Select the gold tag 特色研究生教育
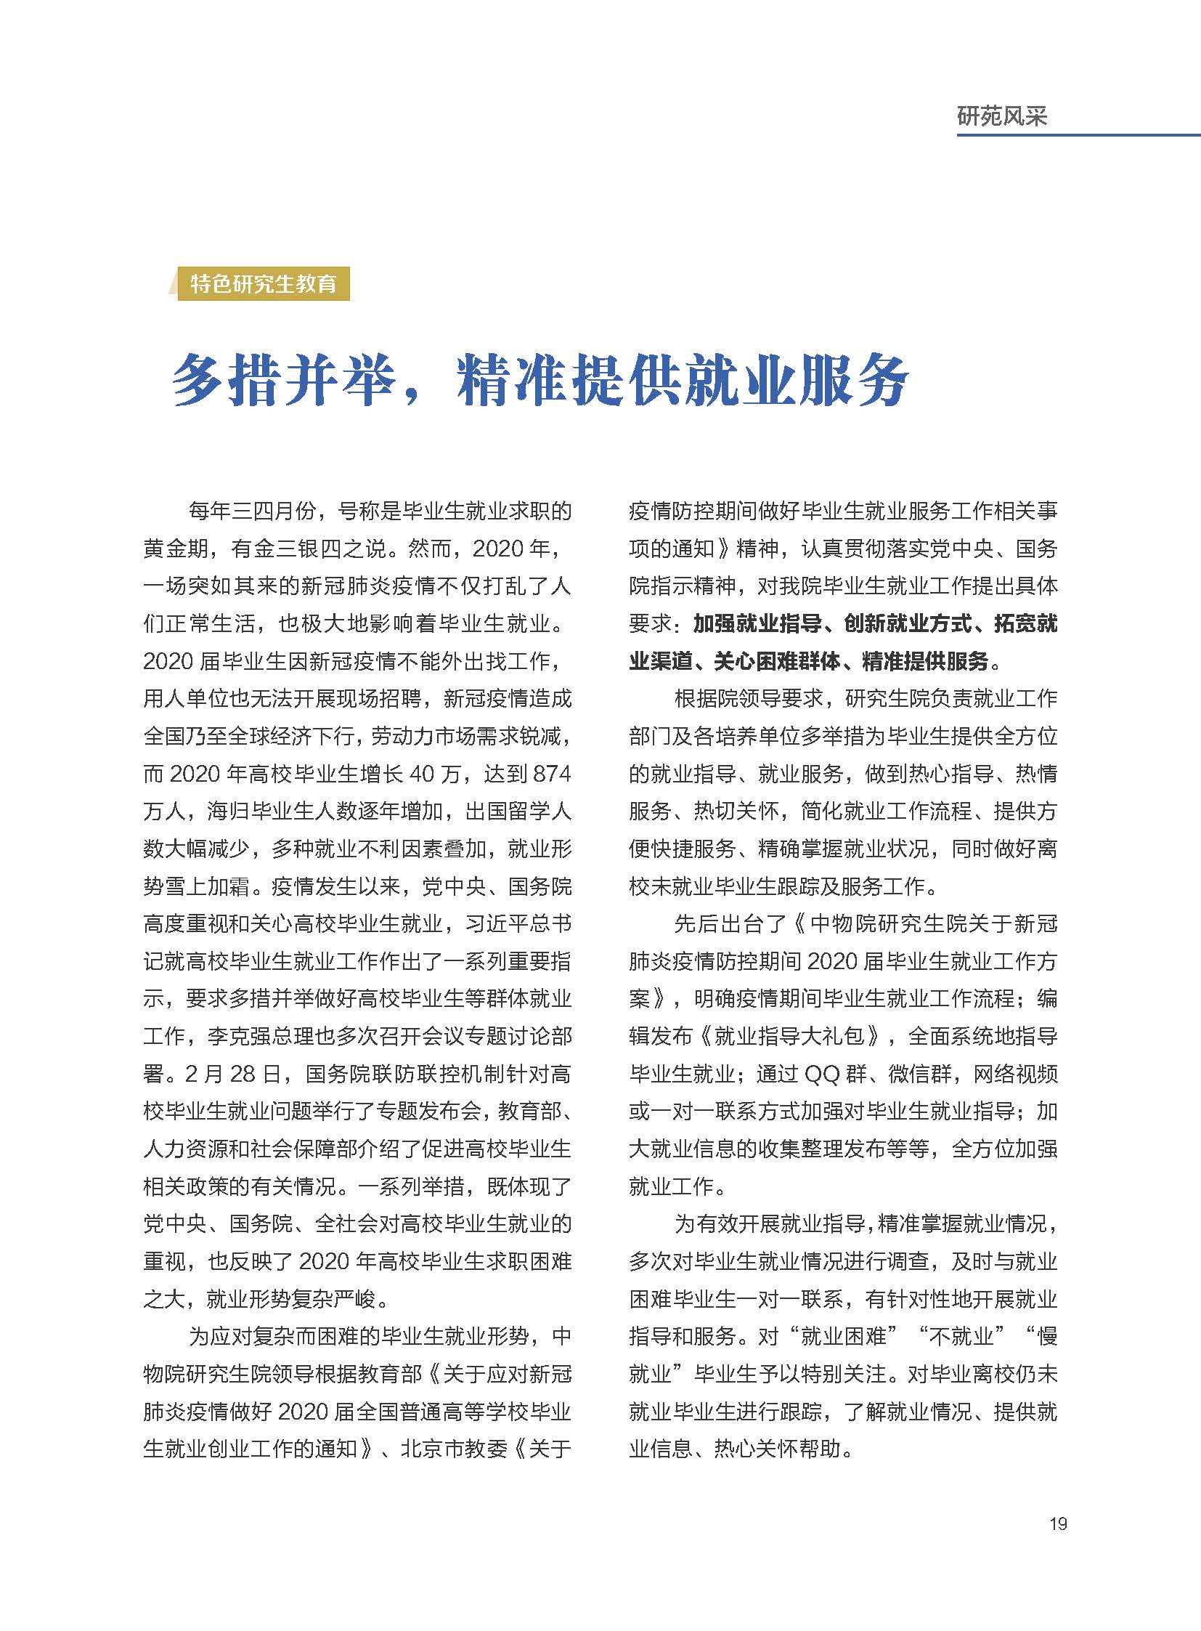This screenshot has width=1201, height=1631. (263, 284)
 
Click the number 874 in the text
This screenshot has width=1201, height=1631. (552, 773)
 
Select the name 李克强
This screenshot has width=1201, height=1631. (239, 1036)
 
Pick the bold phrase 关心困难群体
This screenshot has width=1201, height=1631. (777, 661)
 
